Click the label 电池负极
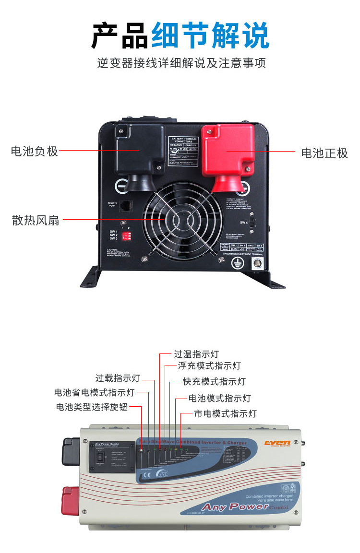click(x=35, y=152)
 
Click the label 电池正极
click(x=324, y=153)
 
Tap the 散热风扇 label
click(x=36, y=220)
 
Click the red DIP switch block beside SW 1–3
click(x=127, y=235)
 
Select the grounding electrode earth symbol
click(x=236, y=262)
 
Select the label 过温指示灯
click(x=196, y=354)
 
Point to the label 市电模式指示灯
click(x=225, y=413)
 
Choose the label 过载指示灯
click(x=118, y=378)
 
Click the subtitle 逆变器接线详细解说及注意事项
click(x=181, y=63)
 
